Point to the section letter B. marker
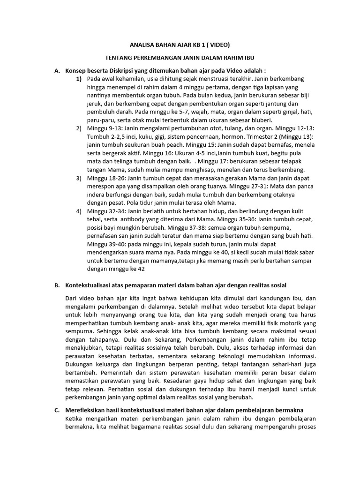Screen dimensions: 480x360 tap(57, 285)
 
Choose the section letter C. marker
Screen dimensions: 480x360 tap(57, 410)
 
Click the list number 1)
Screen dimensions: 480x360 tap(79, 79)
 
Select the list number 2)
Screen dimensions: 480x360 tap(79, 128)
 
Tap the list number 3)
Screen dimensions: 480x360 tap(79, 178)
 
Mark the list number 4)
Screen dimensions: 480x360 tap(79, 211)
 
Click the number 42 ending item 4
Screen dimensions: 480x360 tap(140, 269)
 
